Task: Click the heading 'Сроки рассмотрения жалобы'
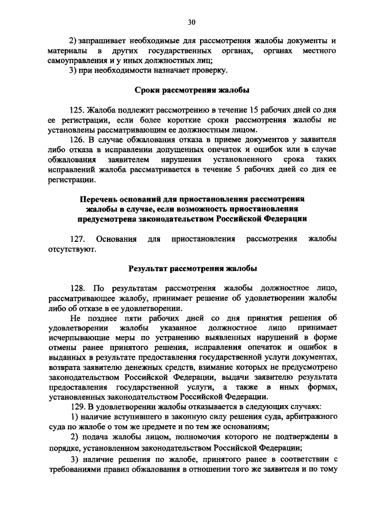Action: pyautogui.click(x=192, y=90)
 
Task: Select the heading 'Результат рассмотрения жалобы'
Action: pyautogui.click(x=192, y=268)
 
